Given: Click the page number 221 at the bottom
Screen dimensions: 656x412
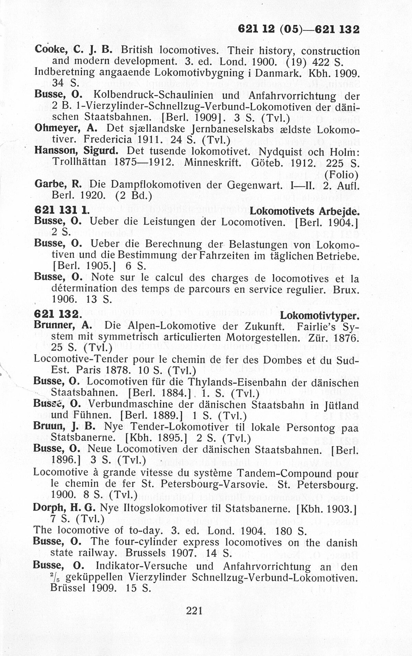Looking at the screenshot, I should coord(194,610).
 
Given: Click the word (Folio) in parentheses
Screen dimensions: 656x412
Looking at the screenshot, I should coord(341,175).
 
